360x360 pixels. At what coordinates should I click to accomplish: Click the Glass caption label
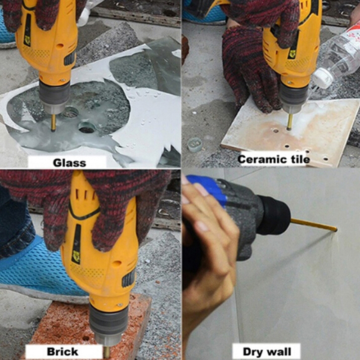pos(69,163)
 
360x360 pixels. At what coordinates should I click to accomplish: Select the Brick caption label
pos(63,351)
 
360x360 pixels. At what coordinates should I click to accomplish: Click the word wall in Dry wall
pos(280,351)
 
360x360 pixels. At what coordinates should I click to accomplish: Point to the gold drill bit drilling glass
pos(53,122)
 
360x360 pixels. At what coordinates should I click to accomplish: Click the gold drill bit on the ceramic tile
pos(290,122)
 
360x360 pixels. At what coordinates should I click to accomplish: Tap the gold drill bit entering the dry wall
pos(314,225)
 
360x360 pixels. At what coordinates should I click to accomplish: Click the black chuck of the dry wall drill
pos(274,215)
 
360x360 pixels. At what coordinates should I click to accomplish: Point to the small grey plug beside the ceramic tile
pos(194,144)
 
